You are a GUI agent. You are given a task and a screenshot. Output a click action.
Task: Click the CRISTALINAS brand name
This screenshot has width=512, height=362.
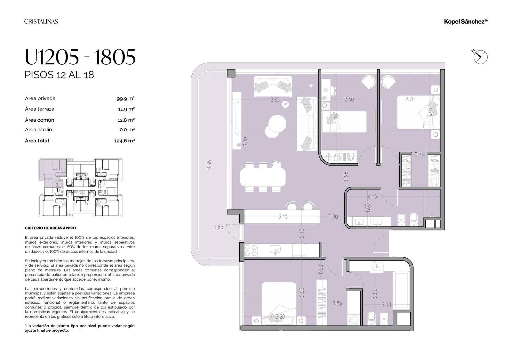[41, 21]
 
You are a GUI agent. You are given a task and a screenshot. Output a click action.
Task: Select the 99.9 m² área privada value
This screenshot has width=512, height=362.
[125, 99]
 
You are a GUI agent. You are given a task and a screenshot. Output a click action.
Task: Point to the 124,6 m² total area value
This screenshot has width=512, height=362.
[124, 141]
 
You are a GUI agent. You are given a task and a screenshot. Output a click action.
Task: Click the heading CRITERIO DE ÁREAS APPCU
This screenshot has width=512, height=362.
[50, 228]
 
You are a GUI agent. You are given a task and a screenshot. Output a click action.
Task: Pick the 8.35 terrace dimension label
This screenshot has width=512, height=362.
[209, 165]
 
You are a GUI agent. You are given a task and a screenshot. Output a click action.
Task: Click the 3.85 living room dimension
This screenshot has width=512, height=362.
[275, 100]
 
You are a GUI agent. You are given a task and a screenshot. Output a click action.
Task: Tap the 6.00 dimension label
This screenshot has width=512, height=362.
[245, 142]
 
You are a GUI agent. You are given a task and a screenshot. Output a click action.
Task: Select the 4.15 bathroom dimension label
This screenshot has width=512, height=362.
[372, 197]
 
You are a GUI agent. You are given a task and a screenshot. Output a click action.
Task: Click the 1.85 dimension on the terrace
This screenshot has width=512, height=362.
[219, 227]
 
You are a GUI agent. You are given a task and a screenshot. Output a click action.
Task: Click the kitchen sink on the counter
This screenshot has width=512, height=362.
[275, 250]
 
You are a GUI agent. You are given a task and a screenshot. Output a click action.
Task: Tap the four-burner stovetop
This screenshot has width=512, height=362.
[251, 250]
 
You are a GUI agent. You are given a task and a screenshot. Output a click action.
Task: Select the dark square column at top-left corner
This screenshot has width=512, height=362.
[231, 73]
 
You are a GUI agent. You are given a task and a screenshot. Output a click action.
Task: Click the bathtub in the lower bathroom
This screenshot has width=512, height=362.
[401, 290]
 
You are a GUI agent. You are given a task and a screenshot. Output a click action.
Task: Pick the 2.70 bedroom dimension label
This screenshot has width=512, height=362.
[410, 99]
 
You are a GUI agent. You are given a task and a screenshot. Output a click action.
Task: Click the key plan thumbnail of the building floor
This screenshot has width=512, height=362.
[81, 188]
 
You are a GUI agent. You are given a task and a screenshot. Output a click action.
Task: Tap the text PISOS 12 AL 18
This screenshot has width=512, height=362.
[59, 75]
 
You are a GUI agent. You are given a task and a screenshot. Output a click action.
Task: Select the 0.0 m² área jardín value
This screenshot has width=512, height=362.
[127, 130]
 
